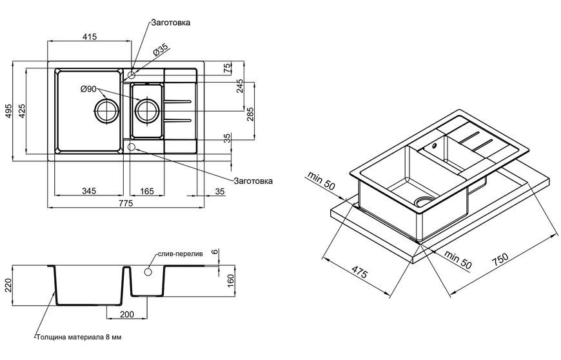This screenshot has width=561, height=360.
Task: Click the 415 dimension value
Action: click(x=90, y=37)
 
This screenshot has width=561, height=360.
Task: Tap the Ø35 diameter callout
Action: click(x=161, y=51)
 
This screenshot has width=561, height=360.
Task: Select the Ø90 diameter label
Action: click(x=88, y=89)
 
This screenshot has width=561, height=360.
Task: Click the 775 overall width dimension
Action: click(x=126, y=203)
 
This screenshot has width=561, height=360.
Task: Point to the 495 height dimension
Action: click(x=9, y=111)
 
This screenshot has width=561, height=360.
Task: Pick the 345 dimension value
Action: click(x=89, y=191)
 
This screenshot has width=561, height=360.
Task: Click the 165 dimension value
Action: click(x=146, y=191)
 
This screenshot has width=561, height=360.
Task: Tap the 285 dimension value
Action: click(x=250, y=114)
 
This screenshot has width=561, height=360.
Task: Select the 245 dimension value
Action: click(x=239, y=86)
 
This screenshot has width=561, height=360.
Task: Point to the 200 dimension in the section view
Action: click(x=126, y=314)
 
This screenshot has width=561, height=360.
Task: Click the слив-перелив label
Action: click(x=181, y=254)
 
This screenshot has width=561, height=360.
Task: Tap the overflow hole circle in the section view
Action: click(x=148, y=272)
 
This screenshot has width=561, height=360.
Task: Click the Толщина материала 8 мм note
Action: click(x=79, y=337)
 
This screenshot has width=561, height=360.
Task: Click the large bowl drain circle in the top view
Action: click(x=106, y=111)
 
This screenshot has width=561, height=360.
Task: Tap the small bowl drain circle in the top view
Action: click(x=146, y=111)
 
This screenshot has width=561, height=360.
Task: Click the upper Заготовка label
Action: click(x=171, y=23)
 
